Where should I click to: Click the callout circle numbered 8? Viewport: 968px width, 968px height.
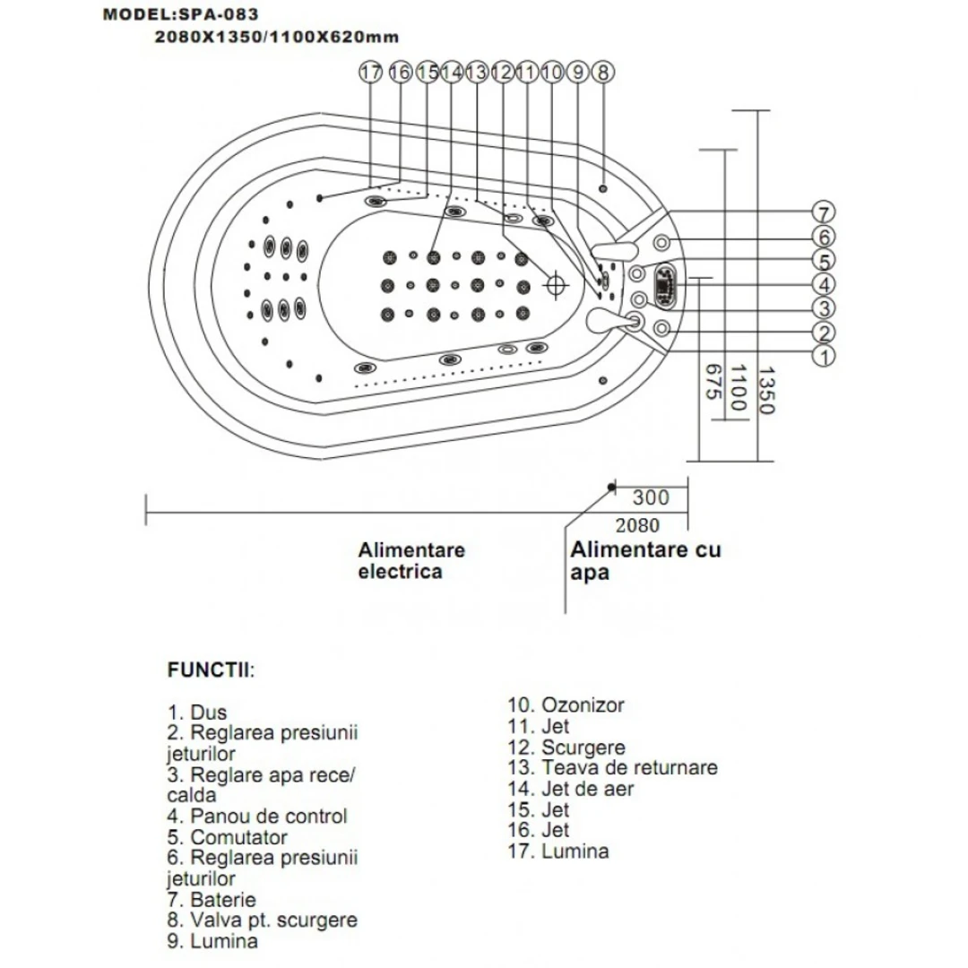point(603,72)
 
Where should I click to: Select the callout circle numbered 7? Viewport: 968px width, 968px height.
point(823,213)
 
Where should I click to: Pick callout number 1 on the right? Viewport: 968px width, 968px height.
point(823,356)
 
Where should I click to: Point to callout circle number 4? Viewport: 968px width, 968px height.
point(823,285)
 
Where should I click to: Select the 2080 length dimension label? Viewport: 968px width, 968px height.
point(637,525)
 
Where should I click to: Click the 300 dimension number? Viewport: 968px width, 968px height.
point(651,498)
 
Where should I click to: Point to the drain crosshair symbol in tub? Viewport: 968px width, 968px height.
point(557,284)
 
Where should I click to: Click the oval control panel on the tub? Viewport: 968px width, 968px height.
point(668,284)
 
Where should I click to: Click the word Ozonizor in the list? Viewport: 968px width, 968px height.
point(583,705)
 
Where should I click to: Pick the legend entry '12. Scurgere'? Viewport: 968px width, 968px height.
point(566,748)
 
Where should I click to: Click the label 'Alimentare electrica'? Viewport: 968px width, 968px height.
point(411,560)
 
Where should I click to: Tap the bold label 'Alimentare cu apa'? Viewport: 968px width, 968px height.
point(645,560)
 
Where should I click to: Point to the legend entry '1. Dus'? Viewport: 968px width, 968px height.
point(197,713)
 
